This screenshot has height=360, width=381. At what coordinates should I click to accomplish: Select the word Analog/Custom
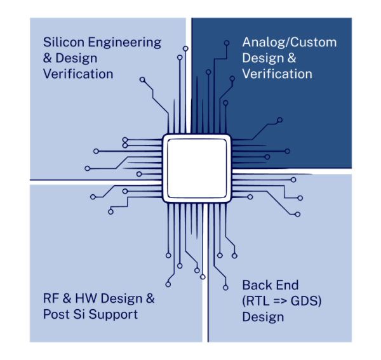[x=290, y=43]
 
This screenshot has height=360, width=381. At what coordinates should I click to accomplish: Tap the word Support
[x=114, y=315]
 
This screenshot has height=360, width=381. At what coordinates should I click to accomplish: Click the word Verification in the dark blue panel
[x=277, y=74]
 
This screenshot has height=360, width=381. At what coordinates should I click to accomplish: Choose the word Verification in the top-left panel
[x=78, y=74]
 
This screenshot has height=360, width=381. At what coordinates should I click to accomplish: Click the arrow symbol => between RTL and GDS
[x=280, y=300]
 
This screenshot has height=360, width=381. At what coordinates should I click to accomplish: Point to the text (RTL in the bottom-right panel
[x=257, y=300]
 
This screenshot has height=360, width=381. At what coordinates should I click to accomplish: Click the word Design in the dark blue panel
[x=261, y=58]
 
